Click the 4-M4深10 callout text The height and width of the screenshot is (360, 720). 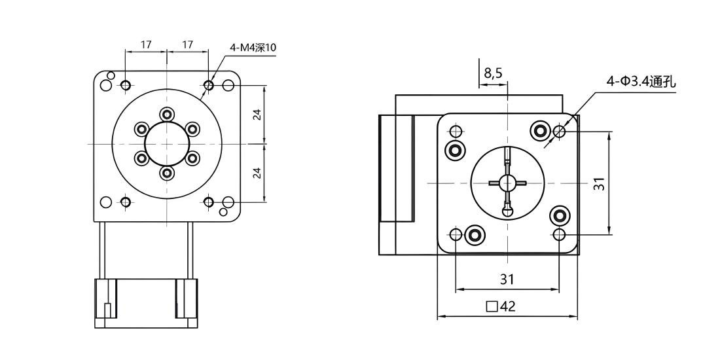pos(253,48)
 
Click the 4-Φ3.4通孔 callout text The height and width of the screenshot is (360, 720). pos(641,82)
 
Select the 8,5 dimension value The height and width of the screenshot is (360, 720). pos(493,73)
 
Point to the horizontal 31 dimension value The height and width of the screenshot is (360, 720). pos(507,279)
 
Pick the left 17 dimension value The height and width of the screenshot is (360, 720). pos(146,45)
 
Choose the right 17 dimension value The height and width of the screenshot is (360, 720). pos(187,45)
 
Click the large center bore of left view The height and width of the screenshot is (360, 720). pos(167,144)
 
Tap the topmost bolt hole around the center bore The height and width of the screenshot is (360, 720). pos(167,113)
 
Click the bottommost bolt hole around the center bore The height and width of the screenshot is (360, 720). pos(167,174)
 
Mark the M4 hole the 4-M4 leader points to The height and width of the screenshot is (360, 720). pos(208,85)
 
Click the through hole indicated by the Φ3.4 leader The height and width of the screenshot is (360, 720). pos(559,132)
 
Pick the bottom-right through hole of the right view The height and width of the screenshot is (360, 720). pos(559,234)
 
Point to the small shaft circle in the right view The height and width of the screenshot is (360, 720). pos(507,183)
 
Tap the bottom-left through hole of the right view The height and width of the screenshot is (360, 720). pos(456,234)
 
